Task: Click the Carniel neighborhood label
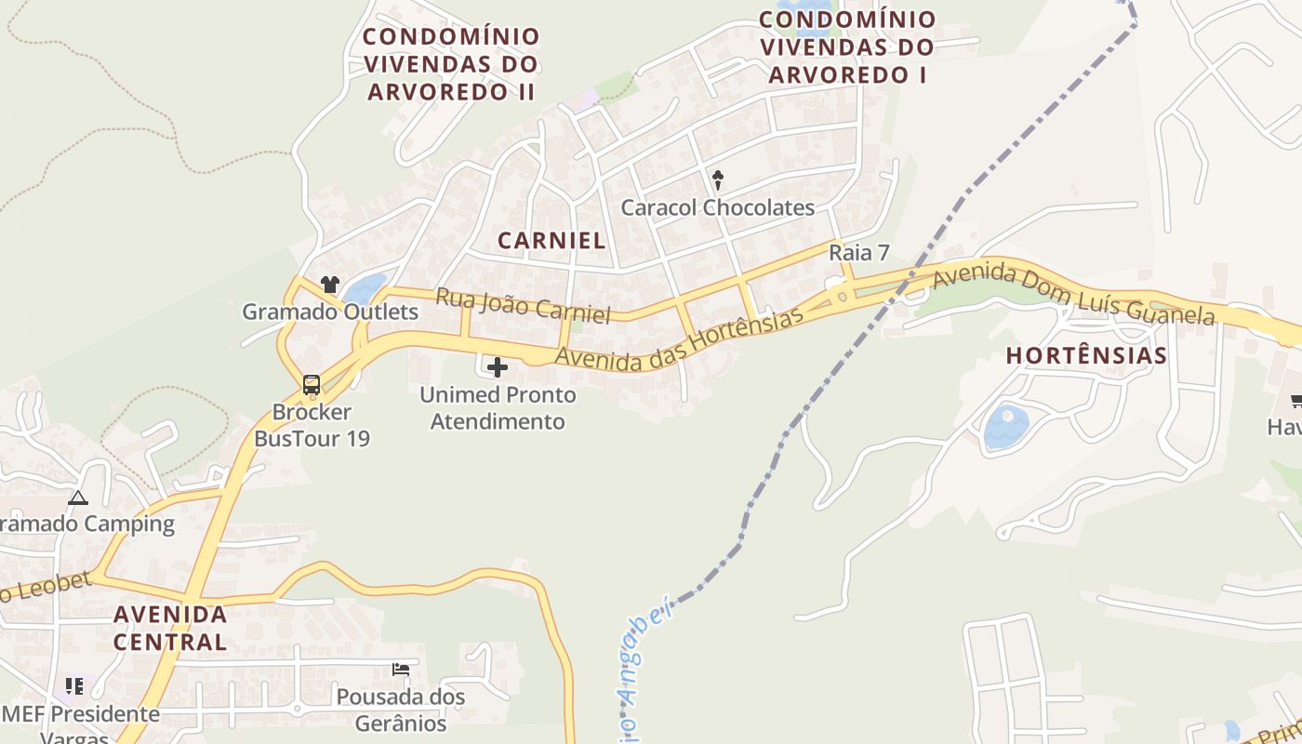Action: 551,240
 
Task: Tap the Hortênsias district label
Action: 1086,355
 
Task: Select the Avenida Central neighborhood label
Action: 170,628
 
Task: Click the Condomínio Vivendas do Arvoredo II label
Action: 451,63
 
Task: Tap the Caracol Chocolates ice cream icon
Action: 717,179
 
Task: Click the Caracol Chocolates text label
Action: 717,207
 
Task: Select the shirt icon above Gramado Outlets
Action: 329,285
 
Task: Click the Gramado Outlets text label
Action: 330,312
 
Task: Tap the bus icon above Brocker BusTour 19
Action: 312,385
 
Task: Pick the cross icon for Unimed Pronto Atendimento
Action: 498,367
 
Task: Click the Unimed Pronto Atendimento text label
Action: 498,407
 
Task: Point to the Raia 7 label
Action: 859,252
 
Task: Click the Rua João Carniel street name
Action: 523,306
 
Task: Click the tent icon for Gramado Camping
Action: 77,498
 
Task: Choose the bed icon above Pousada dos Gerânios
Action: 401,669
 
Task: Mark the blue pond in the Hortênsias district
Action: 1006,427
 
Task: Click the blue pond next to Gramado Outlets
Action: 365,288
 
